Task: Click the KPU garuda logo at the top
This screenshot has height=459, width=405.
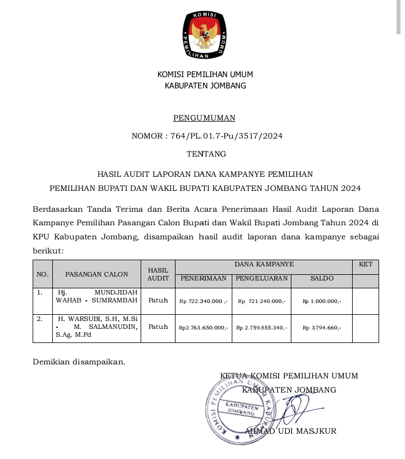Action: click(x=205, y=35)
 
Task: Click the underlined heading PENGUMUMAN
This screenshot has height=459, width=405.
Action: click(x=204, y=118)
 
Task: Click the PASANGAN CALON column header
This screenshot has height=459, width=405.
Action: click(x=97, y=274)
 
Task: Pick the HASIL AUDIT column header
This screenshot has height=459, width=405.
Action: click(x=158, y=274)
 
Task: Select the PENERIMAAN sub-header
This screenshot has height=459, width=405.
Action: click(x=203, y=278)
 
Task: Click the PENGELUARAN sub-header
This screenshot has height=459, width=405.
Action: click(x=262, y=278)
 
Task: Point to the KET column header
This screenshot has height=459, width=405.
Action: click(x=365, y=264)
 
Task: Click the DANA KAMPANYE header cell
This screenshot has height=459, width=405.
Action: click(x=264, y=264)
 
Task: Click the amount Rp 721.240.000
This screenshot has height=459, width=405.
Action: click(x=262, y=301)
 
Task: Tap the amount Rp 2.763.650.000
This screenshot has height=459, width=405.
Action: click(x=203, y=327)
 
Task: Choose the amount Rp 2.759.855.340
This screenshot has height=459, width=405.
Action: click(x=262, y=327)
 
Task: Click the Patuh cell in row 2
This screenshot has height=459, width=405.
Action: click(x=158, y=327)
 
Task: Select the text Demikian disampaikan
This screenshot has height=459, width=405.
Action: click(x=79, y=362)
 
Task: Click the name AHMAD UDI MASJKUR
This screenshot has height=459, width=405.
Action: click(x=290, y=431)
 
